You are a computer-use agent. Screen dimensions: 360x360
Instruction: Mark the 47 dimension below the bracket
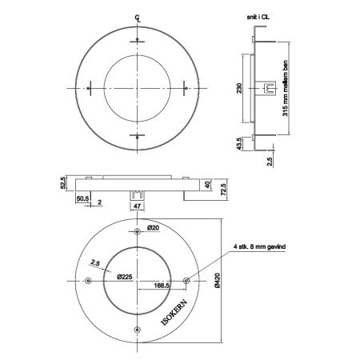(x=139, y=206)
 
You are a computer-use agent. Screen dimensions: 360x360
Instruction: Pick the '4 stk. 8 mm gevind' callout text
(x=258, y=249)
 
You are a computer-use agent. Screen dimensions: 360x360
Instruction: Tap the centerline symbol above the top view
(x=138, y=17)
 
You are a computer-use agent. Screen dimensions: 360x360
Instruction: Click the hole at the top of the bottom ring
(x=139, y=230)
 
